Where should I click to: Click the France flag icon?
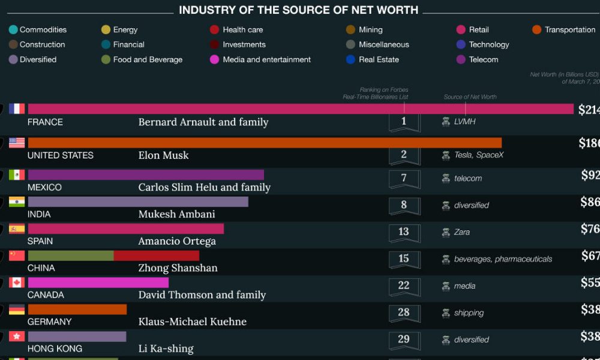(17, 109)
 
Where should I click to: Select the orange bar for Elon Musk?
(265, 142)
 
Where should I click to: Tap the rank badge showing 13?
(404, 232)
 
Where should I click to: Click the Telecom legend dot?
(461, 59)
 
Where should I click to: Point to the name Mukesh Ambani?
(176, 214)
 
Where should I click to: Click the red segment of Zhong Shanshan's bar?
(156, 256)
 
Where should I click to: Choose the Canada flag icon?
(17, 283)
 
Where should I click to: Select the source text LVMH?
(466, 122)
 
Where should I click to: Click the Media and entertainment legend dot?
(214, 59)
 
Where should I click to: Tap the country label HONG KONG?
(55, 349)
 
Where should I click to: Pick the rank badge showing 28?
(404, 313)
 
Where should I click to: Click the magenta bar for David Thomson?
(98, 283)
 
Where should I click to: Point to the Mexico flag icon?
(17, 175)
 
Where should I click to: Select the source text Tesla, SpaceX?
(479, 155)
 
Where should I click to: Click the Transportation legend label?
(570, 29)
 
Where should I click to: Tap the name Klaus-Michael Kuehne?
(192, 322)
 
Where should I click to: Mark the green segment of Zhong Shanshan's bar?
(71, 256)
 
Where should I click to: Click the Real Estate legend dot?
(350, 59)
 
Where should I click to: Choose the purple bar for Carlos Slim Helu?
(146, 175)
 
